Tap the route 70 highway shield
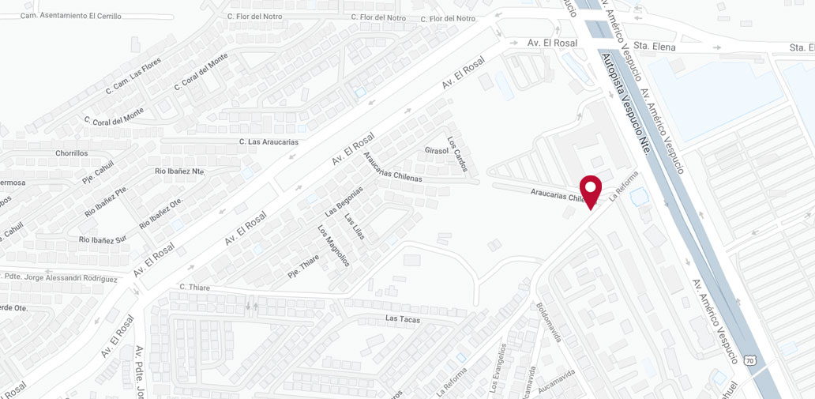[750, 360]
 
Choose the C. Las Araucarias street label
[269, 141]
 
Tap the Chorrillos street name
[72, 153]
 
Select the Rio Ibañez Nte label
[179, 171]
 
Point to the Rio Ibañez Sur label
[102, 239]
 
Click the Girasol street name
[436, 150]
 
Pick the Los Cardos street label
[457, 154]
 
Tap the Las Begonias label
[344, 202]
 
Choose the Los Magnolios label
[332, 246]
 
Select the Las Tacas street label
[403, 318]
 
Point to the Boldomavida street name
[548, 322]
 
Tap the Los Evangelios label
[498, 367]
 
